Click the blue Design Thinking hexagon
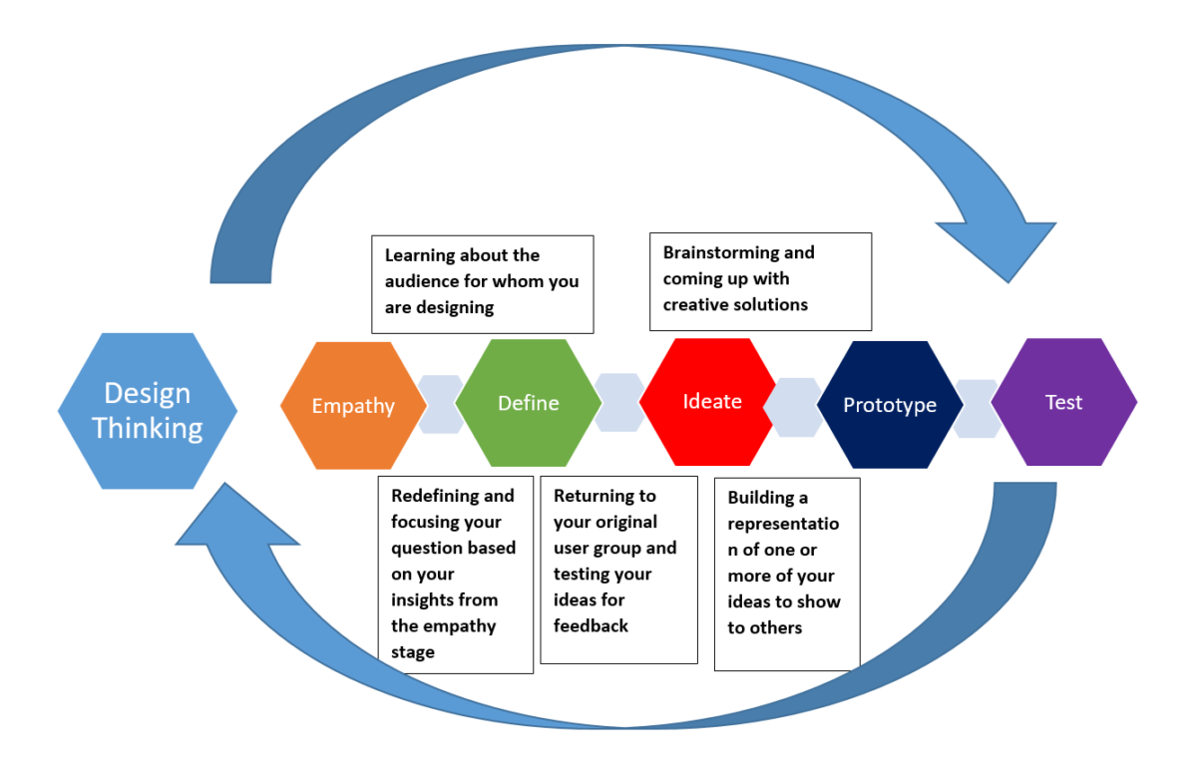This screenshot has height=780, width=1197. pos(148,410)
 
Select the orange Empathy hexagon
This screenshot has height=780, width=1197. pos(353,405)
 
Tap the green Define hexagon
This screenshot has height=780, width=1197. pos(528,403)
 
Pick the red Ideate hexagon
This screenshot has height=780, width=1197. pos(711,401)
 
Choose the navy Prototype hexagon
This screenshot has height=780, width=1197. pos(889,405)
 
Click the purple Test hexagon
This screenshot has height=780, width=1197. pos(1063,402)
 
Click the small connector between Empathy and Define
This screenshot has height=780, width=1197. pos(441,404)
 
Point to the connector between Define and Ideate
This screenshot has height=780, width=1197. pos(619,402)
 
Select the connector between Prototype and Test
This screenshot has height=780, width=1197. pos(977,408)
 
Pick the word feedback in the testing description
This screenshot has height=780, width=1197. pos(591,625)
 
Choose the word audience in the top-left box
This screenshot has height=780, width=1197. pos(422,281)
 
